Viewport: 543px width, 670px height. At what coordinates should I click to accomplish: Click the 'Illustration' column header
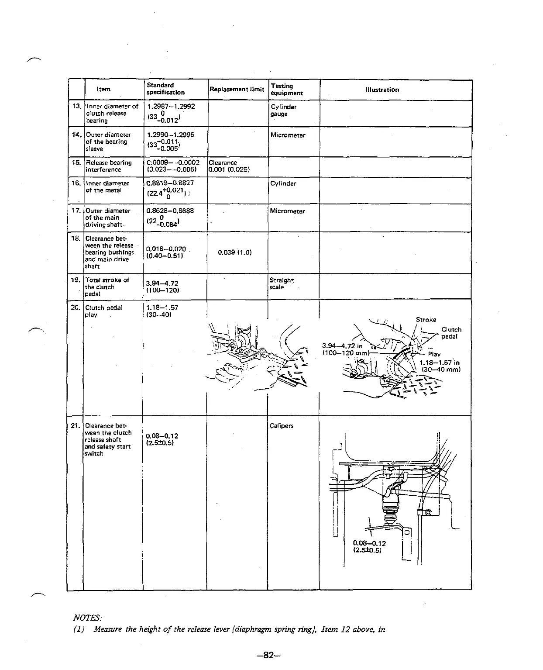tap(382, 90)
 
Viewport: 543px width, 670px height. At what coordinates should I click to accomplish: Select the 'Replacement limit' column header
tap(237, 90)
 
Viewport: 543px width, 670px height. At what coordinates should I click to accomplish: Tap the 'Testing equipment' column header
tap(286, 90)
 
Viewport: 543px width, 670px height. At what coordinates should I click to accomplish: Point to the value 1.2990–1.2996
tap(171, 135)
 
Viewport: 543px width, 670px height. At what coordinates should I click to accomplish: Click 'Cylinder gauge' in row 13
tap(283, 110)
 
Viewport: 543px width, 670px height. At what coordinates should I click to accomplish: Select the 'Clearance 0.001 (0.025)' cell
tap(229, 166)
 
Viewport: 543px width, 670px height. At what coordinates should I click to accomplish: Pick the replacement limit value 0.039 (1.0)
tap(234, 252)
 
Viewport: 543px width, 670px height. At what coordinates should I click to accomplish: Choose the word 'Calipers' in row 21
tap(282, 425)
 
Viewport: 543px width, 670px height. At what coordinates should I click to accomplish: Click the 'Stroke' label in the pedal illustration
tap(426, 320)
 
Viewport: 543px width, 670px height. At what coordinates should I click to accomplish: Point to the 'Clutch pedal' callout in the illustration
tap(451, 333)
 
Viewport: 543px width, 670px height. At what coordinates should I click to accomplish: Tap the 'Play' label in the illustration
tap(434, 354)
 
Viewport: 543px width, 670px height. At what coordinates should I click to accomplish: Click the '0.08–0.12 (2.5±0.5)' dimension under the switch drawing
tap(369, 547)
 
